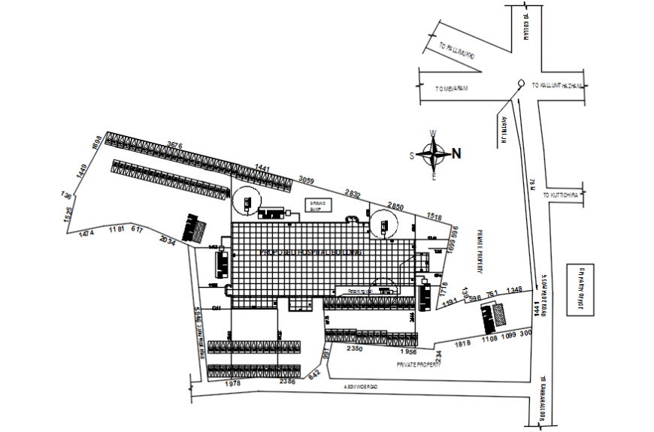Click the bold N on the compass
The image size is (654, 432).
click(x=456, y=155)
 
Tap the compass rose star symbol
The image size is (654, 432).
click(x=433, y=156)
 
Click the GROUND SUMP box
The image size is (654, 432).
click(x=316, y=204)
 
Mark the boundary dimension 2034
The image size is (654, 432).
click(x=168, y=242)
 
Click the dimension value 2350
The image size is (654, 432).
click(x=355, y=349)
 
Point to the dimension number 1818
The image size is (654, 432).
click(x=462, y=343)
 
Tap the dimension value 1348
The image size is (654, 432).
click(x=514, y=289)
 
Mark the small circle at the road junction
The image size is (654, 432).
click(x=519, y=83)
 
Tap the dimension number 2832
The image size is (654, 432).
click(x=353, y=193)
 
